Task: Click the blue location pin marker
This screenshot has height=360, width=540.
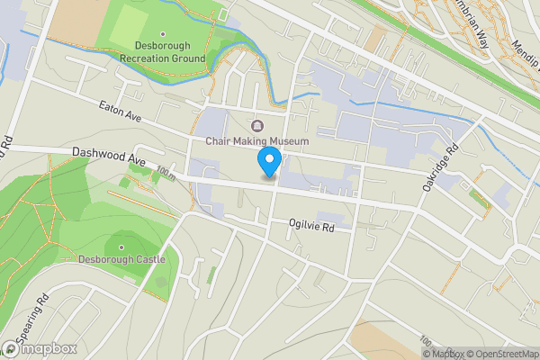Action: click(268, 162)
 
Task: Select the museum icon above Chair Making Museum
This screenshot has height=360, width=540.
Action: click(258, 125)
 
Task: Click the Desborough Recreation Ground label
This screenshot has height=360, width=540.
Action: click(163, 51)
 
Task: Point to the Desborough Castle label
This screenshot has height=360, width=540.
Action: click(122, 259)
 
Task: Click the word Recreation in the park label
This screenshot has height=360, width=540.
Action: click(150, 58)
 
